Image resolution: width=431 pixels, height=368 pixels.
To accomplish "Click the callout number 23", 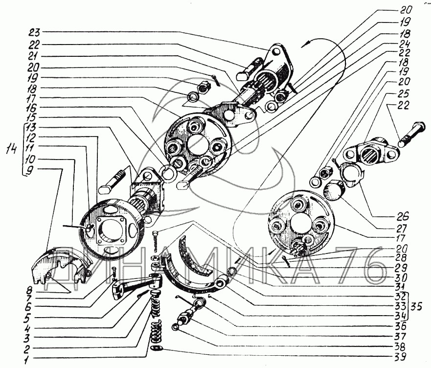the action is [x=34, y=32].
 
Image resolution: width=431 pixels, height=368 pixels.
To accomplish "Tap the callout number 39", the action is [x=400, y=357].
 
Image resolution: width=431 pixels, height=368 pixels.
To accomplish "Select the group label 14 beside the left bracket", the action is [x=11, y=149].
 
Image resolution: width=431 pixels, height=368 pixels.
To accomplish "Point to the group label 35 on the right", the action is [x=416, y=306].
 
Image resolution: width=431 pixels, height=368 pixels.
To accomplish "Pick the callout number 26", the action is [x=403, y=216].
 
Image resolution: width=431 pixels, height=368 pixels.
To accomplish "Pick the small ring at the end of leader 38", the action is [x=175, y=327].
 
